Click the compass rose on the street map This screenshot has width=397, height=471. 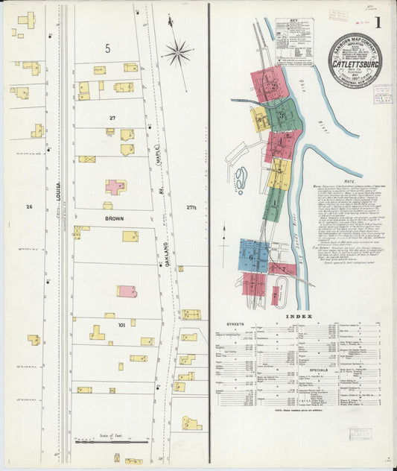(177, 51)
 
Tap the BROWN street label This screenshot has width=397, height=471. (114, 219)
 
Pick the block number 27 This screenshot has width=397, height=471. (112, 118)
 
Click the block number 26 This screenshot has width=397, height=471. (29, 206)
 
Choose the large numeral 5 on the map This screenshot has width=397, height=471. (108, 49)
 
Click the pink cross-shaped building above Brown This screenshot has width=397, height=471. (115, 186)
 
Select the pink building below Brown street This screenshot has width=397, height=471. (127, 291)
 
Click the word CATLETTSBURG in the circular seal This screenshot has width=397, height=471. (354, 65)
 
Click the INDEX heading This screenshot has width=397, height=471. (308, 316)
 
